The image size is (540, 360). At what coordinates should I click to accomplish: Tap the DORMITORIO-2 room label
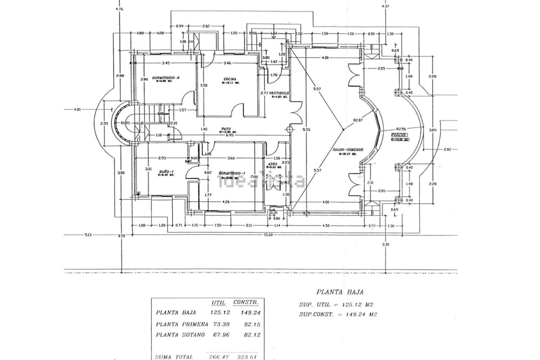click(166, 78)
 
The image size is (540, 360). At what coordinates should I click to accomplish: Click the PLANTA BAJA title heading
click(340, 292)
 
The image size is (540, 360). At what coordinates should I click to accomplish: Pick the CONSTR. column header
click(246, 303)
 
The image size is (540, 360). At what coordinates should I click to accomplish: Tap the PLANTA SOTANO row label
click(180, 335)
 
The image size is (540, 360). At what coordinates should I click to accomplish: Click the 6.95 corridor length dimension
click(230, 135)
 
